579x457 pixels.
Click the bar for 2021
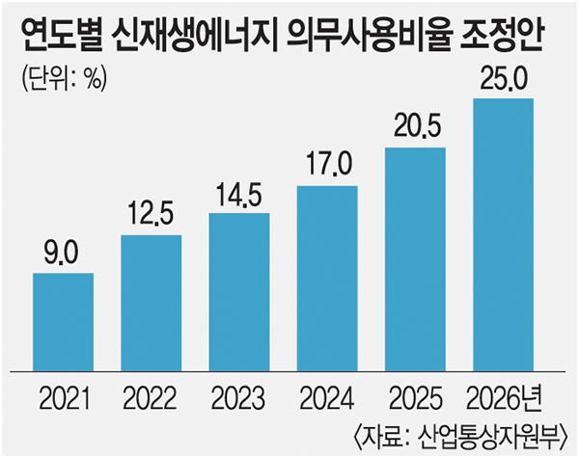pyautogui.click(x=64, y=321)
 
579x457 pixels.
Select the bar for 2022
pyautogui.click(x=152, y=302)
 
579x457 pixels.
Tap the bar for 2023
pyautogui.click(x=240, y=291)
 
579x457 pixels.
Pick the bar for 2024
pyautogui.click(x=328, y=278)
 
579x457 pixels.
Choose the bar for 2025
pyautogui.click(x=416, y=258)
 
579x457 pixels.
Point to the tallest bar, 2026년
pyautogui.click(x=504, y=233)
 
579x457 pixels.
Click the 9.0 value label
pyautogui.click(x=64, y=255)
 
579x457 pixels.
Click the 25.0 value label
pyautogui.click(x=504, y=80)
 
